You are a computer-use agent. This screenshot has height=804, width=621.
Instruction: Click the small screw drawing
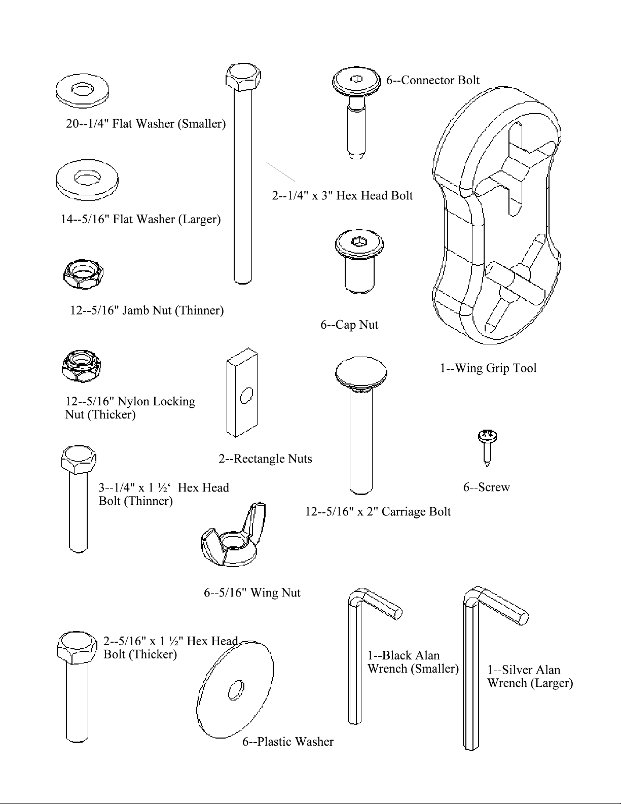point(487,446)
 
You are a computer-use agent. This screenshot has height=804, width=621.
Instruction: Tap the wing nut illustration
point(233,538)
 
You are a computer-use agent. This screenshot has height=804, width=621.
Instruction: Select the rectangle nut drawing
point(242,393)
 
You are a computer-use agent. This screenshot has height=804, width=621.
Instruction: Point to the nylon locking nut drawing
point(81,366)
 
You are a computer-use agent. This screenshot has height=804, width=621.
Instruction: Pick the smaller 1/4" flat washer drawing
point(83,90)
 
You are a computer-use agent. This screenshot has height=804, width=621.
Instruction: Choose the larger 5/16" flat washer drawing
point(87,180)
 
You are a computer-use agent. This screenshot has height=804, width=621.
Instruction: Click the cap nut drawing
point(358,261)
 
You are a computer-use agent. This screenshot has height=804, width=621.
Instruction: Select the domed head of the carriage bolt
point(361,373)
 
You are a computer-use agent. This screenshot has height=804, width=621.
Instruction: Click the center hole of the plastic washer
point(236,690)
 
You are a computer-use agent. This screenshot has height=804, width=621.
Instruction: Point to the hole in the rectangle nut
point(246,395)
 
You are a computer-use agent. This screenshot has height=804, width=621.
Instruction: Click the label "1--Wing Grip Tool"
point(488,368)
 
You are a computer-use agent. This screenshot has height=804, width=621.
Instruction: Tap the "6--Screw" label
point(486,487)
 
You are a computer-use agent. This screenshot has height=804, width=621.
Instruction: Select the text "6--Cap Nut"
point(349,325)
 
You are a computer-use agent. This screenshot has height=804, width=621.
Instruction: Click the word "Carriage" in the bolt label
point(403,511)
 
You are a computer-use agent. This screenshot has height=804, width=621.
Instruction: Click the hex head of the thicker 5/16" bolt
point(78,648)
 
